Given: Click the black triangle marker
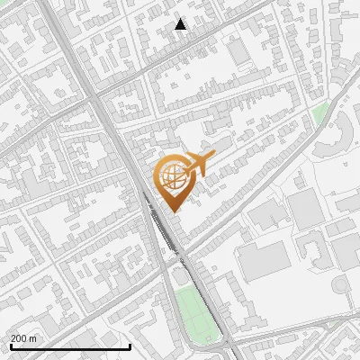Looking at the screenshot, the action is [x=181, y=24].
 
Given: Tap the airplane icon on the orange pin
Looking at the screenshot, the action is [x=199, y=165].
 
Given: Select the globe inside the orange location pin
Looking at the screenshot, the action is [x=172, y=175].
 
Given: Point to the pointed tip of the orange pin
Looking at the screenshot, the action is [x=173, y=211].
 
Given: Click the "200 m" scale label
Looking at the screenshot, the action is [x=23, y=337].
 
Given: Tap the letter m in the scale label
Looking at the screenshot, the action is [x=33, y=337].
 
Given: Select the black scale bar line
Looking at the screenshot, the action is [x=70, y=346].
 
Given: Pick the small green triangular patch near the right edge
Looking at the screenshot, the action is [x=320, y=113].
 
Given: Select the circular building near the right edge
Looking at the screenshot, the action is [x=340, y=286].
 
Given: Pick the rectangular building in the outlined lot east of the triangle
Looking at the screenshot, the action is [x=239, y=51].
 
